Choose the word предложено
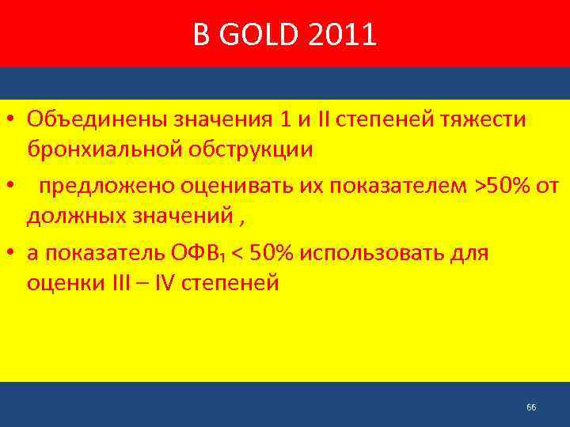[x=108, y=187]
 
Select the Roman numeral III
[x=126, y=282]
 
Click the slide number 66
[x=530, y=407]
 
